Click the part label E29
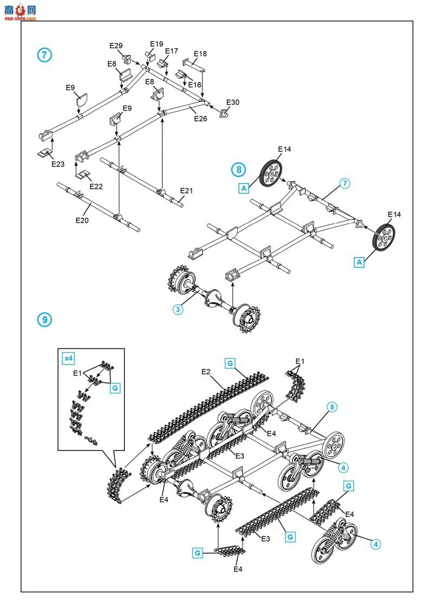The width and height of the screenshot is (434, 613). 116,46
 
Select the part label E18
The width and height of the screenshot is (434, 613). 200,54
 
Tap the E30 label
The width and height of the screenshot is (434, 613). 233,102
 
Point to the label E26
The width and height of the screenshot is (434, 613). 201,118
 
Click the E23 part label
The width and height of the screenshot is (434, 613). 58,164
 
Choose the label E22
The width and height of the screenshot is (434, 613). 96,187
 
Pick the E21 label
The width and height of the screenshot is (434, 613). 187,191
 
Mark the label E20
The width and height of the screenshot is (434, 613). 82,220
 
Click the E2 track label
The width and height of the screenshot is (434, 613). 206,372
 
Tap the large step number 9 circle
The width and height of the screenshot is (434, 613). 44,320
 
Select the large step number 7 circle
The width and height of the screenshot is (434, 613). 44,55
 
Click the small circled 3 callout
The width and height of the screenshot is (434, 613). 178,310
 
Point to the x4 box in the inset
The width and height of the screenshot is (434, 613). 68,358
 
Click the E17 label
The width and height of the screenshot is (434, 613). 171,51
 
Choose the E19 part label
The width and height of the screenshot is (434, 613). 156,44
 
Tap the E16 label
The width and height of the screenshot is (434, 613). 195,85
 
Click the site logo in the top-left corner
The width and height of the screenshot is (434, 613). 20,11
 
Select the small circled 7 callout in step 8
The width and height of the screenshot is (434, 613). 344,183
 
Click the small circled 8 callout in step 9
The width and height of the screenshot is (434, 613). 332,407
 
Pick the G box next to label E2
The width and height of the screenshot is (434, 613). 230,363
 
